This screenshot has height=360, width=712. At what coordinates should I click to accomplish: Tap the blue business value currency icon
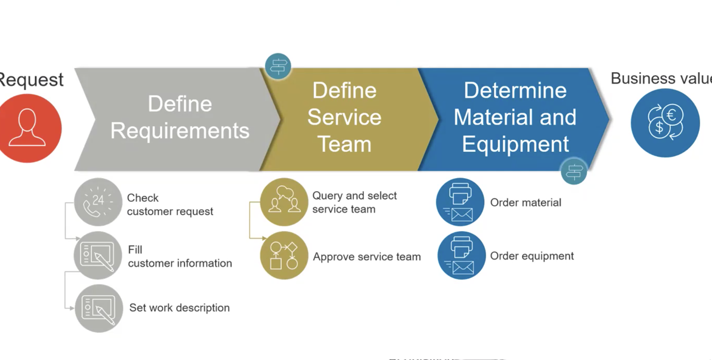[665, 123]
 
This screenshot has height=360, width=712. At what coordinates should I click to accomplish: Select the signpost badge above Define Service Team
[278, 66]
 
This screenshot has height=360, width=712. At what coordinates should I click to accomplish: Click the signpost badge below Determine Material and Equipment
[574, 171]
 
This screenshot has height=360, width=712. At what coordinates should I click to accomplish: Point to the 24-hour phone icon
[98, 202]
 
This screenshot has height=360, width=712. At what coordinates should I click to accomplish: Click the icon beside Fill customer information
[98, 255]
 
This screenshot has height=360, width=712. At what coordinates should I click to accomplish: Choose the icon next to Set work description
[98, 308]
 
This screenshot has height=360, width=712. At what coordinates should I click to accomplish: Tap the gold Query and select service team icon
[284, 202]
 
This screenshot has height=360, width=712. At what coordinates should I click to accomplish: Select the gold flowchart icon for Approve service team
[284, 255]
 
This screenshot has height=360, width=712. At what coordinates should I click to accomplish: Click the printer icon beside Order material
[460, 202]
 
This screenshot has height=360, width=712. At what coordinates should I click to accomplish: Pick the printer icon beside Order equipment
[462, 255]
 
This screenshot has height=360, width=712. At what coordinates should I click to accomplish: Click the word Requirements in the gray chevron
[180, 131]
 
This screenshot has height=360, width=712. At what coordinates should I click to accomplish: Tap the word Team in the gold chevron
[344, 144]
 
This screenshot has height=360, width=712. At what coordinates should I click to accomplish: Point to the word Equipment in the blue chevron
[515, 144]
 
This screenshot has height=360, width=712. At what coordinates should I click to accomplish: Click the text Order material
[525, 202]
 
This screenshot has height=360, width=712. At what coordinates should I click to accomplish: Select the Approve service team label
[367, 256]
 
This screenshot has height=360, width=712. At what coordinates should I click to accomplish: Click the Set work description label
[179, 308]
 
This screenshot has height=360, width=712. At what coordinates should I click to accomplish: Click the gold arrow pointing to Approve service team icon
[262, 238]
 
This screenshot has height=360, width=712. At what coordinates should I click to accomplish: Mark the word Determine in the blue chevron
[515, 91]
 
